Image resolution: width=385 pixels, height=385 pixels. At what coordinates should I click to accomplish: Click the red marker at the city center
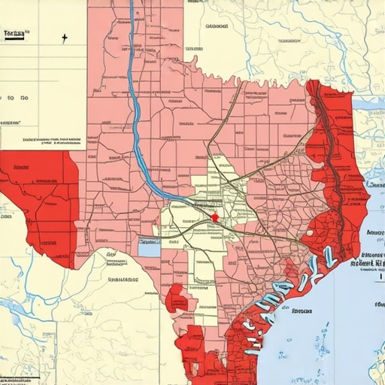click(x=214, y=217)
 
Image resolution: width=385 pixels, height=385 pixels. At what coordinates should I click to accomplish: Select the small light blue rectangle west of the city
click(x=150, y=243)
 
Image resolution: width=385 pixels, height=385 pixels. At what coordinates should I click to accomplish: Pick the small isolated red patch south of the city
click(x=177, y=299)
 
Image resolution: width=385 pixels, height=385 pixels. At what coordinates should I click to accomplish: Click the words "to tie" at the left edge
click(x=15, y=99)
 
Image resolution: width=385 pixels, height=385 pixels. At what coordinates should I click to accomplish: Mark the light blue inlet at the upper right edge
click(x=368, y=102)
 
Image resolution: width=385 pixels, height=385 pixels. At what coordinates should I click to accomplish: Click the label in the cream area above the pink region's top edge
click(x=217, y=27)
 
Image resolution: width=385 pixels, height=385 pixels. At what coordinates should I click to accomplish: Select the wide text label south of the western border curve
click(x=123, y=280)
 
